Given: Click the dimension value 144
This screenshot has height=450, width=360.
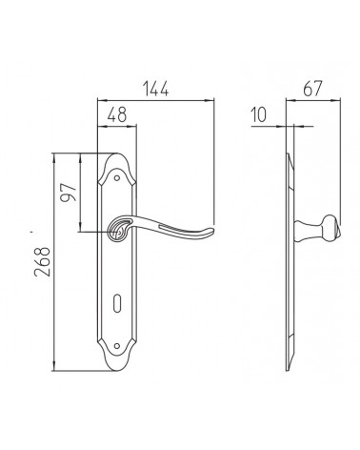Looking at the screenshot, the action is pyautogui.click(x=155, y=89).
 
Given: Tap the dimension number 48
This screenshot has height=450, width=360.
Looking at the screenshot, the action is pyautogui.click(x=117, y=114).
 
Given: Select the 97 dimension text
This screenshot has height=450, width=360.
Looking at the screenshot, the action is pyautogui.click(x=69, y=193).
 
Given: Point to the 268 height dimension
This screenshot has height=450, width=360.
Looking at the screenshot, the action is pyautogui.click(x=43, y=261).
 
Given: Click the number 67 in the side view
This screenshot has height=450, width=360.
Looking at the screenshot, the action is pyautogui.click(x=312, y=89).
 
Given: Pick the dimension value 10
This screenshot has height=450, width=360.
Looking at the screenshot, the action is pyautogui.click(x=259, y=114).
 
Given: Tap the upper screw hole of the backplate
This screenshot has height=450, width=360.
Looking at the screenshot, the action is pyautogui.click(x=117, y=178).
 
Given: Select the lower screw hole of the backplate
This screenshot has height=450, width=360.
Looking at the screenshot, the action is pyautogui.click(x=117, y=346).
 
